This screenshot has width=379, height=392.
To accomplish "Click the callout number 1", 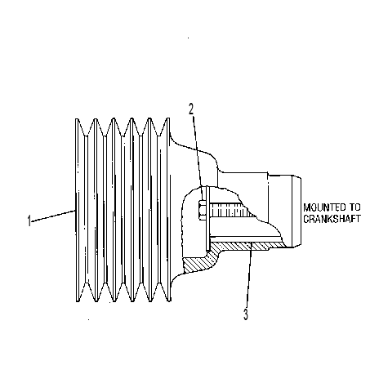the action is click(29, 220).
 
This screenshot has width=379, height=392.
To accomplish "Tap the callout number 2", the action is click(191, 109).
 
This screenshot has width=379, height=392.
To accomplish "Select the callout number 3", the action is click(246, 314).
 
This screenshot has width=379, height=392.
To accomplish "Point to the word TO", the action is click(354, 207).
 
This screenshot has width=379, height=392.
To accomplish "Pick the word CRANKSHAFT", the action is click(332, 219).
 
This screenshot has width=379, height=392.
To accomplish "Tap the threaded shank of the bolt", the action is click(231, 210).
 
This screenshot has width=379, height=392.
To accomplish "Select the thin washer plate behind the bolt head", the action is click(207, 219).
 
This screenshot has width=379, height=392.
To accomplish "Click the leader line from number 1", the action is click(53, 216).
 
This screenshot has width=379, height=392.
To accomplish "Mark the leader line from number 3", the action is click(249, 275).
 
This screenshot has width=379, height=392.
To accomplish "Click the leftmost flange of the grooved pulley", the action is click(78, 210).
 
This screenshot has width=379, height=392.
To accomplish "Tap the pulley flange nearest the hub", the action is click(168, 210).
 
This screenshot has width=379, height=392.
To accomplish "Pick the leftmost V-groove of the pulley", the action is click(87, 210).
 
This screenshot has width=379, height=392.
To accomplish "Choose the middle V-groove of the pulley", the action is click(123, 210).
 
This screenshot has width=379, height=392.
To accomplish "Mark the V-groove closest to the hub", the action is click(158, 210).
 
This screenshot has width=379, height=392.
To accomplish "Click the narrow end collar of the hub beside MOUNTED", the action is click(297, 212).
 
